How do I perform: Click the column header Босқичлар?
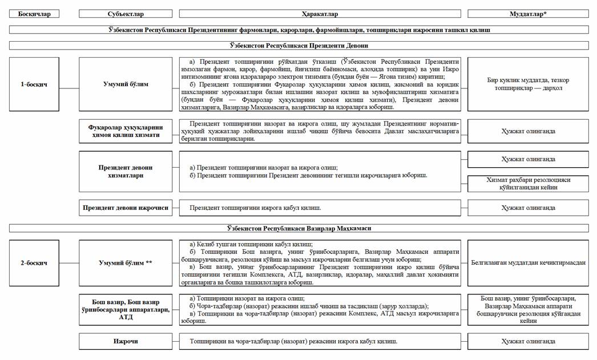(x=34, y=14)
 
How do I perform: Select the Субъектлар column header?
(x=126, y=14)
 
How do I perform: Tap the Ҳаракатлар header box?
(x=319, y=14)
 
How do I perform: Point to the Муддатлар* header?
(x=528, y=14)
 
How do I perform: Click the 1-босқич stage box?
(x=34, y=84)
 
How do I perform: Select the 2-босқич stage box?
(x=34, y=263)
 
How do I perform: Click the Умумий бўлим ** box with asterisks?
(x=126, y=263)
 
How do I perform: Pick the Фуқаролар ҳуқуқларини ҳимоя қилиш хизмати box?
(x=126, y=131)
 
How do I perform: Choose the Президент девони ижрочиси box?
(x=126, y=208)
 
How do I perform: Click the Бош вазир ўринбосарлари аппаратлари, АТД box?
(x=126, y=310)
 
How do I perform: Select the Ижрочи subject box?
(x=126, y=341)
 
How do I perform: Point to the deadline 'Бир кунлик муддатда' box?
(x=528, y=84)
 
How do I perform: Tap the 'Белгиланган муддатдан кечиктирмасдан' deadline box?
(x=528, y=263)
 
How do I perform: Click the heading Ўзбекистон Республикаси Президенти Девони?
(x=298, y=45)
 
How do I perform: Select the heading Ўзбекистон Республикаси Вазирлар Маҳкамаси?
(x=298, y=228)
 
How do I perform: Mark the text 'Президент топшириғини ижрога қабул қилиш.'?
(x=259, y=208)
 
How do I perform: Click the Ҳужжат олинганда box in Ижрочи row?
(x=528, y=341)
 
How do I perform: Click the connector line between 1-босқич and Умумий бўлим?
(x=69, y=88)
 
